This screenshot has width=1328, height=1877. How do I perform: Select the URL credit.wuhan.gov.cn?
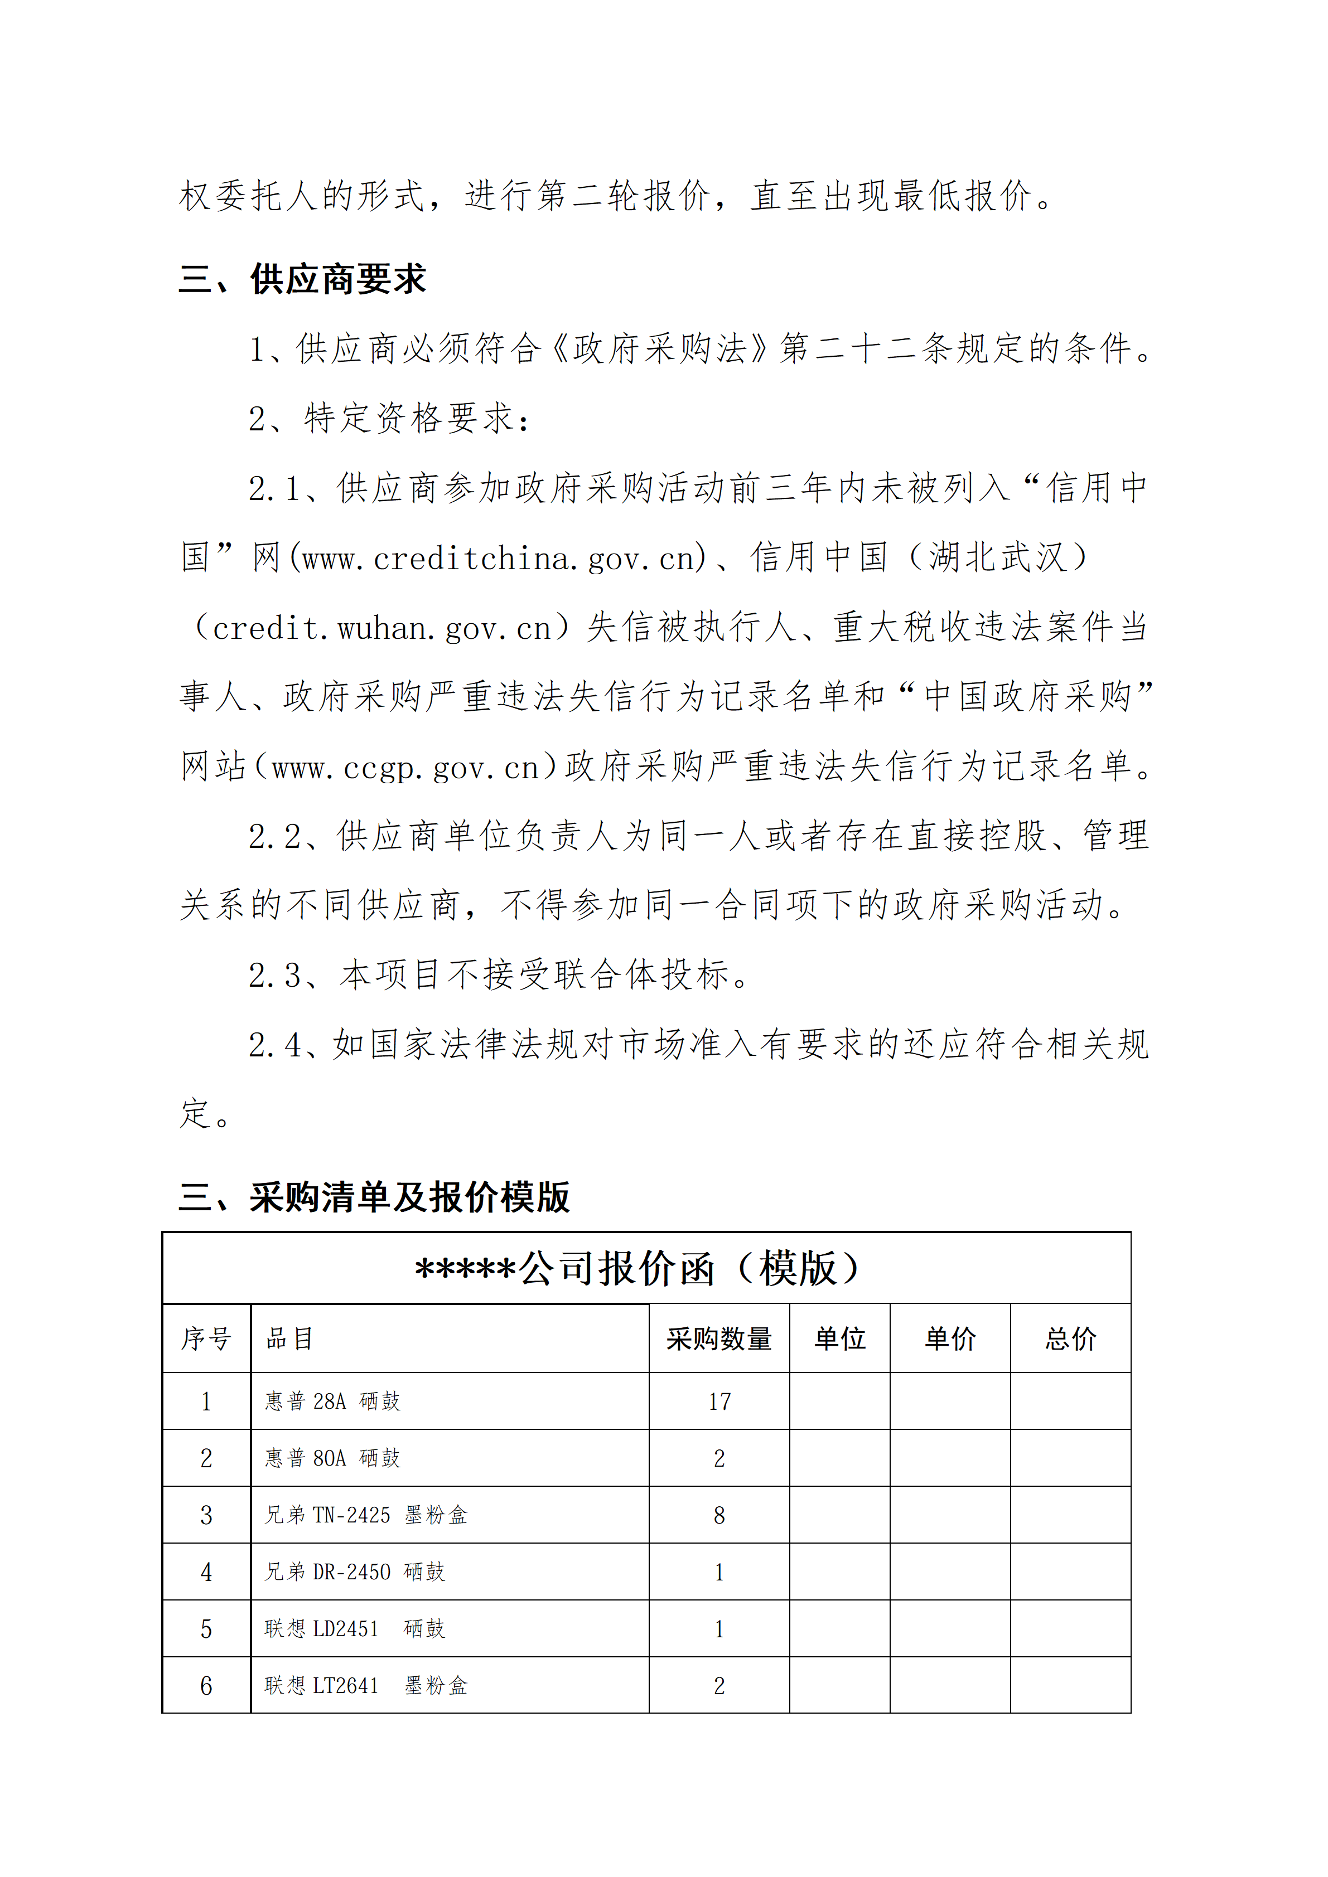tap(382, 628)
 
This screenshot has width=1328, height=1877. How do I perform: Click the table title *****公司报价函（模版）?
tap(638, 1269)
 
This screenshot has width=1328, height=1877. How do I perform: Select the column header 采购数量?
tap(719, 1339)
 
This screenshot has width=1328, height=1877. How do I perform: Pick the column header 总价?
tap(1070, 1339)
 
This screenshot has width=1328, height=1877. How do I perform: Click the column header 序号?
tap(206, 1339)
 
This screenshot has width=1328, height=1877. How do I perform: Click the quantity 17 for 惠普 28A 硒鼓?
tap(719, 1402)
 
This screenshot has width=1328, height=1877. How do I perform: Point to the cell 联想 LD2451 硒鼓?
tap(354, 1628)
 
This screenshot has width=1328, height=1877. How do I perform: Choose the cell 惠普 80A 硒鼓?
tap(332, 1458)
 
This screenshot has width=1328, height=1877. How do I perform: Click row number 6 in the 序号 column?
tap(206, 1686)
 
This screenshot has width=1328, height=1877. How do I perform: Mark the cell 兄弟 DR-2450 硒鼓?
tap(354, 1572)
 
